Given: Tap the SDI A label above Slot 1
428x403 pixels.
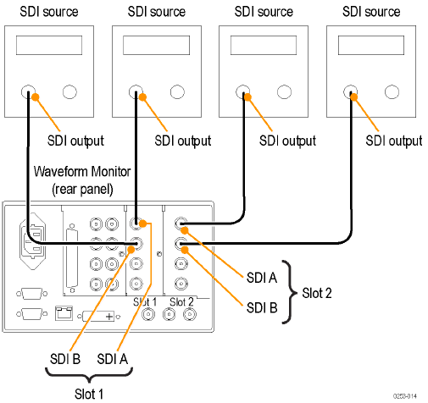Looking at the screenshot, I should (x=113, y=360).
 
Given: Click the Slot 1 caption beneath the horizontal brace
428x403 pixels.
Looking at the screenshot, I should (x=87, y=392).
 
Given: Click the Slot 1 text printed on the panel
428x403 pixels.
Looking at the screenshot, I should (x=146, y=302).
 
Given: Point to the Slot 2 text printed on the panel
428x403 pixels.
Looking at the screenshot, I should (x=181, y=302).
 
